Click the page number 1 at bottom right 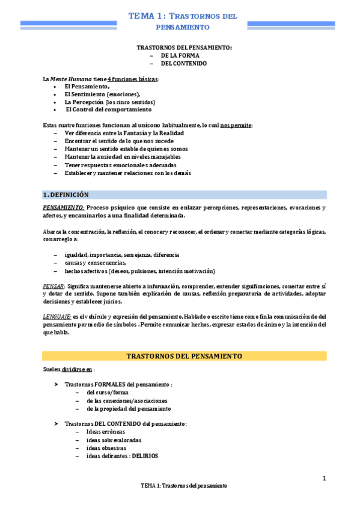tap(324, 478)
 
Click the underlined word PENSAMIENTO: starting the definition tap(63, 208)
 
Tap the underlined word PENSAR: tap(54, 286)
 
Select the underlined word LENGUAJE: tap(57, 316)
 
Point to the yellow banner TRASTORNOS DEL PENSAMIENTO tap(184, 356)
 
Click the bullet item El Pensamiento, tap(87, 87)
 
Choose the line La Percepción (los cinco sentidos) tap(105, 102)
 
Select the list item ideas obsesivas tap(106, 448)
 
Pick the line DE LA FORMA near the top tap(180, 55)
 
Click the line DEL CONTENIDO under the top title tap(183, 63)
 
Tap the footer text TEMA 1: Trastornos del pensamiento tap(184, 485)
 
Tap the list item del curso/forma tap(108, 393)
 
